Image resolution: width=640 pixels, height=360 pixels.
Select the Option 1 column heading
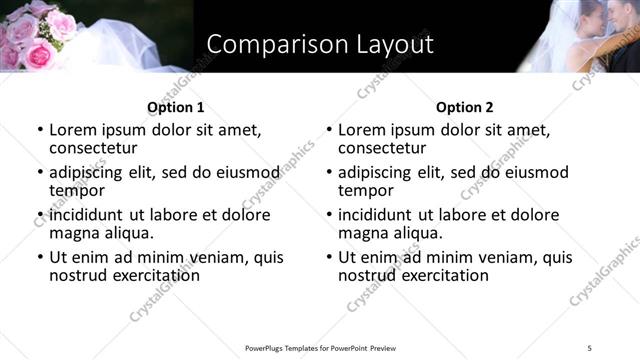point(175,107)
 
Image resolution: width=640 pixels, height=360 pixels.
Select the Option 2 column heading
point(464,107)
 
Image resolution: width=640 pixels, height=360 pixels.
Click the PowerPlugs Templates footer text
point(321,347)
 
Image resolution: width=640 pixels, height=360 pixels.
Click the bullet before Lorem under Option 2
point(329,130)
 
